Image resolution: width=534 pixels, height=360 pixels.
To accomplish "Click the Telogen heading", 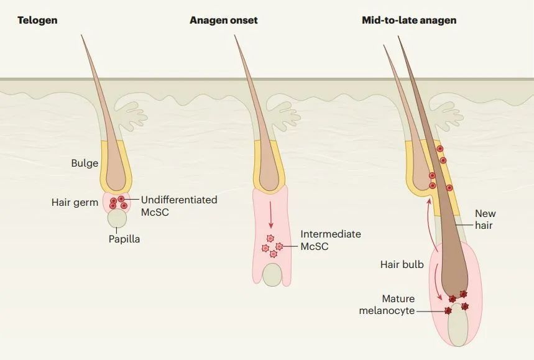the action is (x=37, y=21).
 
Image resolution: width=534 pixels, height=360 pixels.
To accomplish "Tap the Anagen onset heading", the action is (x=223, y=21).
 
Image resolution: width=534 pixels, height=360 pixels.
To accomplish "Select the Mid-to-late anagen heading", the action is (x=409, y=21).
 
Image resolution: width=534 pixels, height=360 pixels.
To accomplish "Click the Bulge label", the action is (x=85, y=163).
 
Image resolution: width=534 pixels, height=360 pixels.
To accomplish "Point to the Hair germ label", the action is (x=75, y=202).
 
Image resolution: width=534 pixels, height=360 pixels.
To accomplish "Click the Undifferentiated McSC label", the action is (x=179, y=206).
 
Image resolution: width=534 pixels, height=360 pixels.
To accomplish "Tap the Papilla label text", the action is (x=124, y=239).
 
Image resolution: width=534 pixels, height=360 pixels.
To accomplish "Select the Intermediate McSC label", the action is (x=330, y=240).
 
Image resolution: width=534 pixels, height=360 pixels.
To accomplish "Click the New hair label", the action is (x=485, y=219).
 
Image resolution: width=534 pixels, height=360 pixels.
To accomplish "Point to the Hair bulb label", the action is (x=402, y=264).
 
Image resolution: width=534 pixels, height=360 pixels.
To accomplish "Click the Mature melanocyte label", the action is (x=387, y=305).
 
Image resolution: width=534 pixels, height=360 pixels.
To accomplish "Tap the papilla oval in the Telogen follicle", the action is (x=117, y=218).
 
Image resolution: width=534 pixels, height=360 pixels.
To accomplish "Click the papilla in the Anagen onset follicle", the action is (x=272, y=275).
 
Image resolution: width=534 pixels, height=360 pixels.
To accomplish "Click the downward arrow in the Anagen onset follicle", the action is (x=271, y=215).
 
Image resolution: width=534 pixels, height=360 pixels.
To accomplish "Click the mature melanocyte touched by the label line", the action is (x=448, y=311).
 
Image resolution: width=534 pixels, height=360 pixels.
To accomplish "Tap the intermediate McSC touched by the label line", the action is (x=279, y=246).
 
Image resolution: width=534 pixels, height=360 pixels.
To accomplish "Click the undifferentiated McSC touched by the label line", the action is (x=121, y=199).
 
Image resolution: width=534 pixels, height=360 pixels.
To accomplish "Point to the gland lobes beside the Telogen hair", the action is (x=131, y=115).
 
